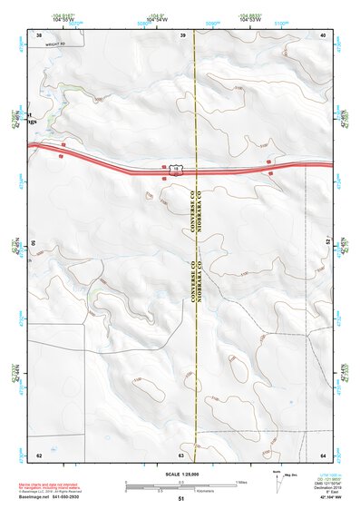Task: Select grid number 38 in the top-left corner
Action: tap(39, 34)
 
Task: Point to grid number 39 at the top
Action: tap(183, 34)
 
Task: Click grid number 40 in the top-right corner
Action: tap(323, 34)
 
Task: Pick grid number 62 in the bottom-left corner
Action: tap(39, 455)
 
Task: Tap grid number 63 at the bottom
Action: tap(181, 455)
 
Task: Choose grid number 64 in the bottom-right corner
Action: tap(323, 455)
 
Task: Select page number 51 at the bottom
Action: tap(181, 499)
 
